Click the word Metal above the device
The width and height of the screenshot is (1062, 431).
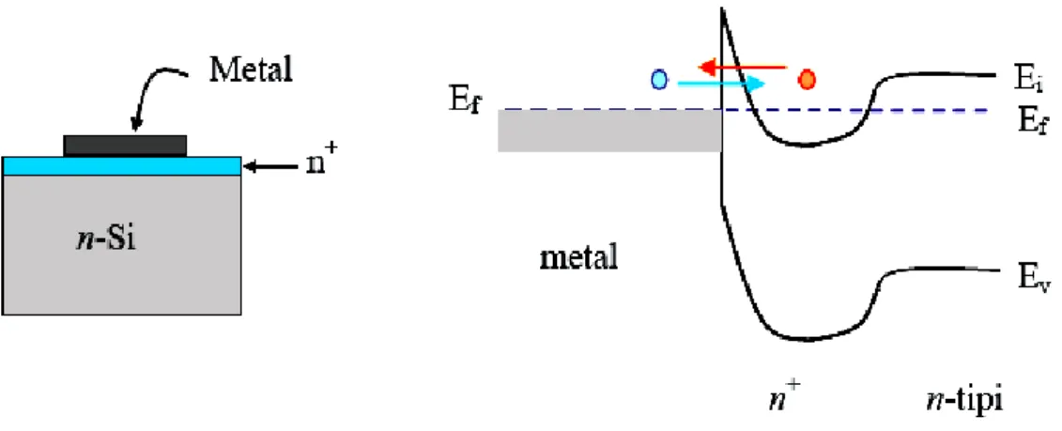tap(251, 69)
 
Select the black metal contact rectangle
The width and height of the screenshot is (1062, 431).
tap(125, 146)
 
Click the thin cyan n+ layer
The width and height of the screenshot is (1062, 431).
tap(122, 166)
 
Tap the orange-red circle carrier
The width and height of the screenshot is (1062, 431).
tap(806, 80)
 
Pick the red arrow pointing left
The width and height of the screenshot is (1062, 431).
tap(742, 67)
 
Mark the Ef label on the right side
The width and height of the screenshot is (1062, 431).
tap(1020, 123)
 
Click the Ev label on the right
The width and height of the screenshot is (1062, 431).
tap(1020, 278)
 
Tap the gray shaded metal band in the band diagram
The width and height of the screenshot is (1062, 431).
tap(610, 131)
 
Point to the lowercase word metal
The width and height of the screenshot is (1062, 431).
tap(578, 259)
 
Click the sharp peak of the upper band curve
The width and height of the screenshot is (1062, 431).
tap(723, 8)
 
